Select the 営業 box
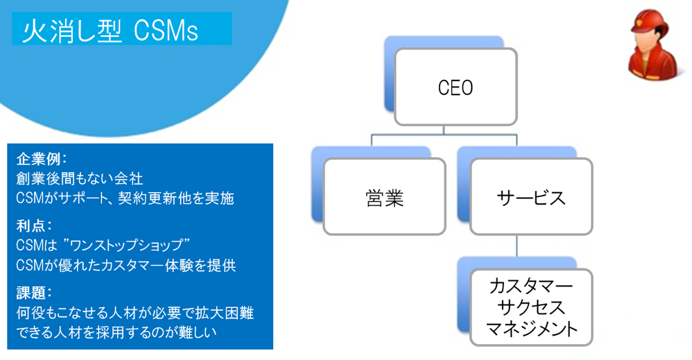point(384,198)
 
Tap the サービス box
point(531,198)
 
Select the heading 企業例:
point(41,158)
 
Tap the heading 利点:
point(34,225)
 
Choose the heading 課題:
point(34,293)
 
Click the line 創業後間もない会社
point(79,178)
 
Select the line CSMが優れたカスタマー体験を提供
point(126,266)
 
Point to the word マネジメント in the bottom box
point(531,328)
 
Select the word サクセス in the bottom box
point(531,307)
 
